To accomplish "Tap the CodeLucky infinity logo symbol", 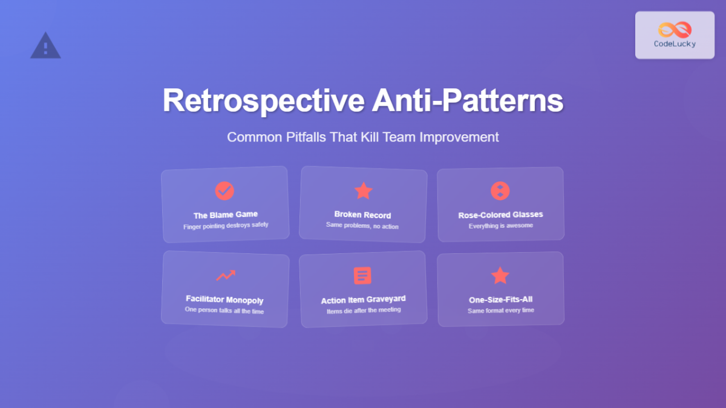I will click(x=675, y=30).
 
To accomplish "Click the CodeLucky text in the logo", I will click(x=675, y=44).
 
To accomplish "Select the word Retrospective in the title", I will click(x=263, y=101).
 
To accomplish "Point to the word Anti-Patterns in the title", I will click(x=468, y=101).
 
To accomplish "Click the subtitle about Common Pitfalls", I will click(x=363, y=137).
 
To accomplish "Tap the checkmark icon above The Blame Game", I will click(x=224, y=191).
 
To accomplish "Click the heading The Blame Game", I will click(x=226, y=215).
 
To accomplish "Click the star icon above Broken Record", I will click(x=363, y=191).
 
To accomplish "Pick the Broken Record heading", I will click(x=362, y=215).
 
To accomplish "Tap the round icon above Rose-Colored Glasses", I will click(x=500, y=191).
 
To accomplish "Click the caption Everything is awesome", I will click(x=501, y=226).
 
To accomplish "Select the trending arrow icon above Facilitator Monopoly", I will click(x=226, y=276).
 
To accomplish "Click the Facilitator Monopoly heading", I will click(x=224, y=300).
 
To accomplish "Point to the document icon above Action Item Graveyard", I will click(x=362, y=276).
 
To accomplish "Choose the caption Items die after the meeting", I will click(x=363, y=311).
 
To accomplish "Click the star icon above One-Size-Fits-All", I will click(x=500, y=276).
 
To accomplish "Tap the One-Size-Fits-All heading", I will click(x=501, y=300).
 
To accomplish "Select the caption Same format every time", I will click(x=501, y=311).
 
